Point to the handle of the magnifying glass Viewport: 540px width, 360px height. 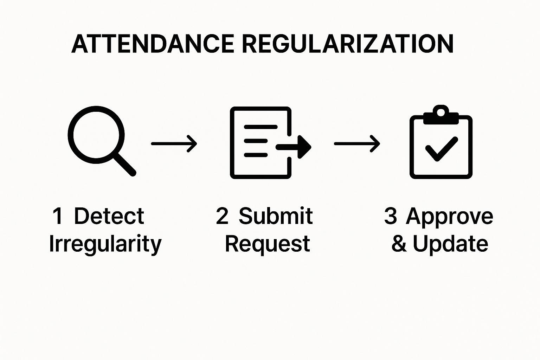124,165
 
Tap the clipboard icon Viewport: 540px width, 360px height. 441,144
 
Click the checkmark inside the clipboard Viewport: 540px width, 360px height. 441,148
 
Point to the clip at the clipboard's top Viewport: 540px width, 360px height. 441,115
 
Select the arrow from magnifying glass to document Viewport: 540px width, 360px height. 174,143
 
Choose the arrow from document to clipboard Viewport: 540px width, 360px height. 357,143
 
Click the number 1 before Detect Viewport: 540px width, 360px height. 58,216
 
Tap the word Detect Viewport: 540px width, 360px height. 109,216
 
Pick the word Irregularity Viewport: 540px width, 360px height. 105,244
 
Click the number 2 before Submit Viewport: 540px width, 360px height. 222,216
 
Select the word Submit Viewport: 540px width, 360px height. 276,216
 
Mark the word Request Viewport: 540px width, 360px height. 268,244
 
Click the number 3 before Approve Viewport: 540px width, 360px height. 391,216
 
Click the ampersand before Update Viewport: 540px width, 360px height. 399,244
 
